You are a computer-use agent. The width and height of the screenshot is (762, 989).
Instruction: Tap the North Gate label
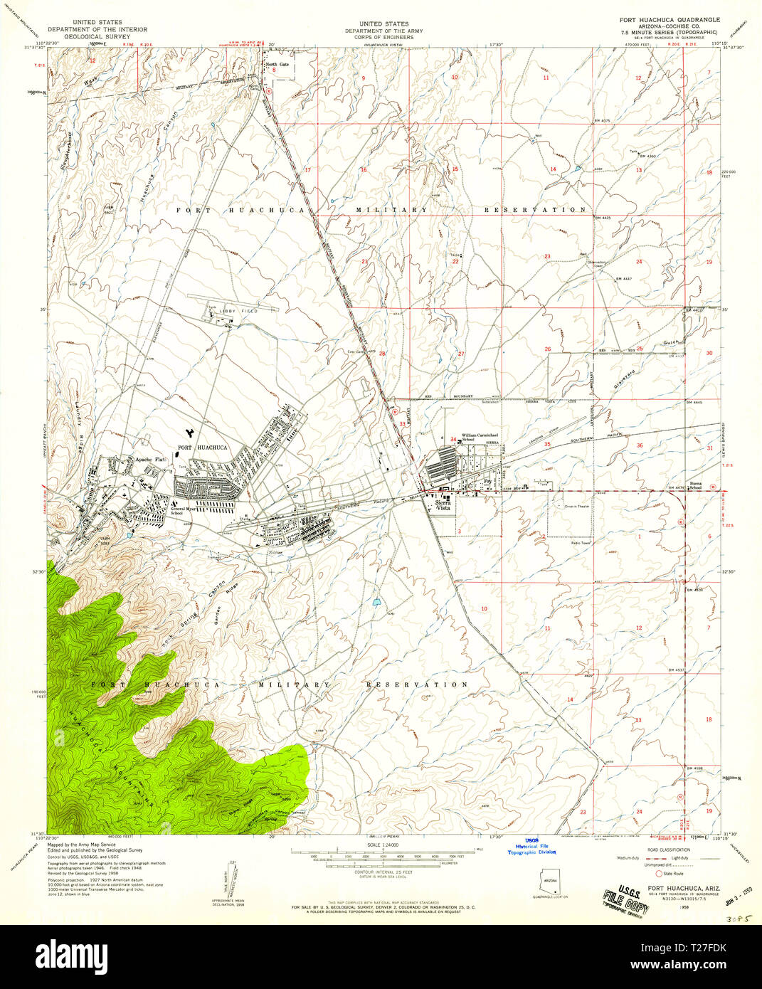[x=277, y=65]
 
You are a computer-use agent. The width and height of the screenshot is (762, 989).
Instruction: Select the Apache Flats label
[x=150, y=460]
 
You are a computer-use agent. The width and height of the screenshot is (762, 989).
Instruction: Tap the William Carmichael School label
[x=478, y=437]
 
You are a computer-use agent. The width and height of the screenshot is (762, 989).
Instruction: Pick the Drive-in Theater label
[x=576, y=506]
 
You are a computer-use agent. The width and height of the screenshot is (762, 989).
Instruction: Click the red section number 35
[x=547, y=445]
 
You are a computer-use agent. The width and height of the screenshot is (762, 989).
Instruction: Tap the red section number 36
[x=640, y=445]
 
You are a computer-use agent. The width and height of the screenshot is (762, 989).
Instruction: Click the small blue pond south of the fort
[x=375, y=602]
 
